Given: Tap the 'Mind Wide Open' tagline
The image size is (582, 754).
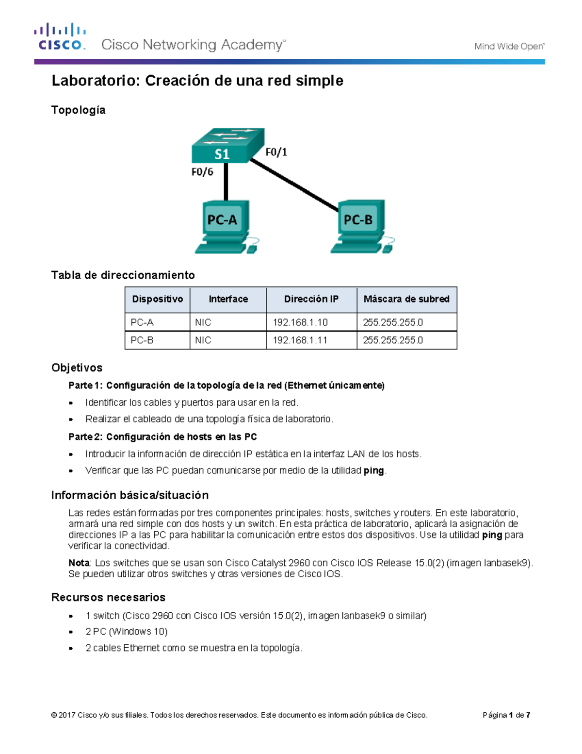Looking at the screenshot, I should pos(509,47).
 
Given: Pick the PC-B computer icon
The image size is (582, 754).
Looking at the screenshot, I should pos(361,226).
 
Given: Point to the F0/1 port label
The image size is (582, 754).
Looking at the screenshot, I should pos(276,152).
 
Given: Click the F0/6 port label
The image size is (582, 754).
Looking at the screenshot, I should pos(202,172).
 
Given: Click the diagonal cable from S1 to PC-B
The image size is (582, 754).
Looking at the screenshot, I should pos(294,185).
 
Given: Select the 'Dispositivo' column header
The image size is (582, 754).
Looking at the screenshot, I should pos(157,299).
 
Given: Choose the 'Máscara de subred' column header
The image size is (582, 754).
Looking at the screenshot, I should pos(406,299).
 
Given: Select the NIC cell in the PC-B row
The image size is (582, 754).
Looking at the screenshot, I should pos(203,340).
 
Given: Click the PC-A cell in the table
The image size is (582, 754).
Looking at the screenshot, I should pos(142,322).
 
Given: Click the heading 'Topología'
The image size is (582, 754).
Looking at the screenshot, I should pos(79,110).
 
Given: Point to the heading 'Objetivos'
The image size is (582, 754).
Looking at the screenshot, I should pos(77,368).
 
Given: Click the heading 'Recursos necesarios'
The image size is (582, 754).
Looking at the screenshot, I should pos(109,597).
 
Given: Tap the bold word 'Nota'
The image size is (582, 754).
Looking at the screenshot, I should pos(79,563).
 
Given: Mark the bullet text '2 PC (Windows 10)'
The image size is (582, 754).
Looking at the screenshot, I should pos(127,632).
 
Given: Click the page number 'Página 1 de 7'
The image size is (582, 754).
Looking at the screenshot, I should pos(506,715).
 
